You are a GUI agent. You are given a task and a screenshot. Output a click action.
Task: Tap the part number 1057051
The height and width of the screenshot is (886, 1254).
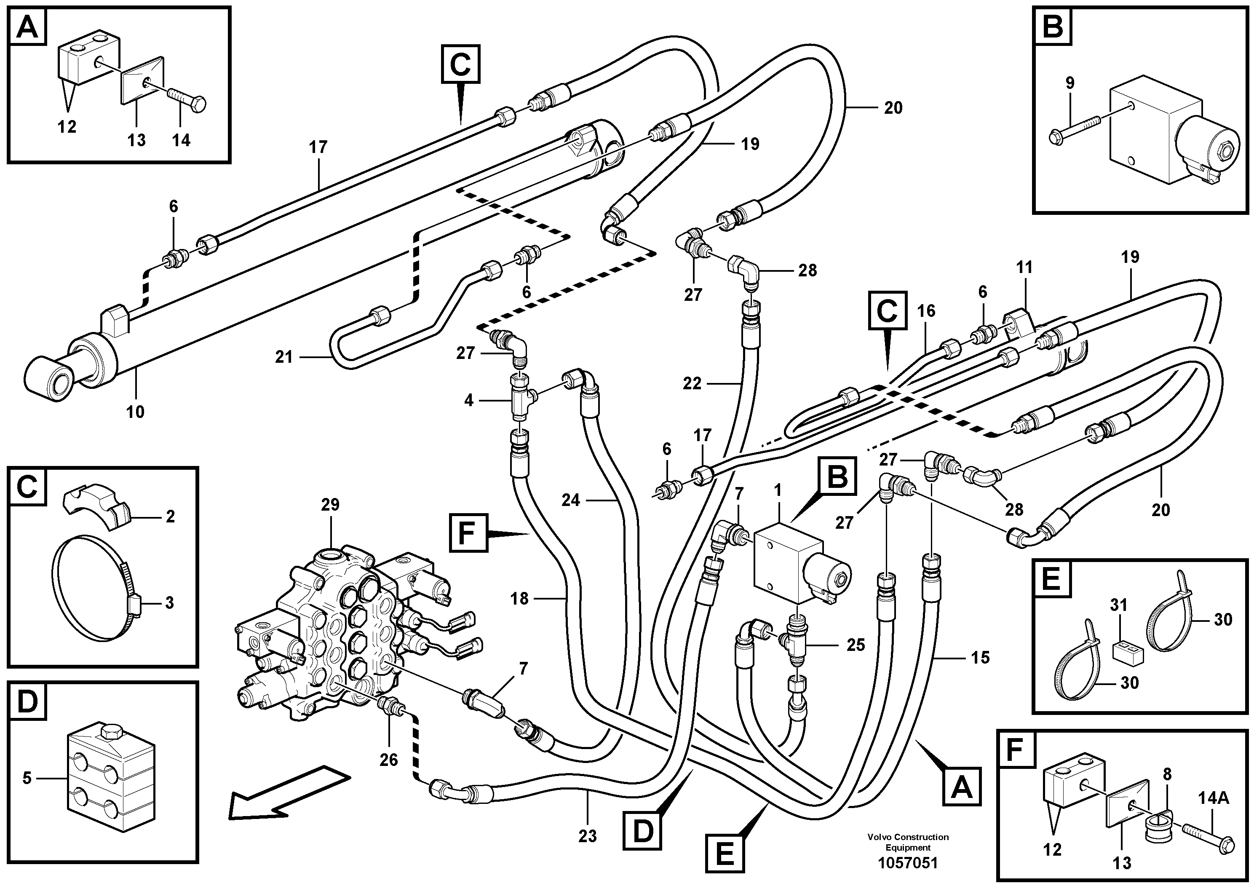point(907,863)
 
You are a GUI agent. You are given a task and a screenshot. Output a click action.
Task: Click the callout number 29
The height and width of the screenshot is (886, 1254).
point(330,505)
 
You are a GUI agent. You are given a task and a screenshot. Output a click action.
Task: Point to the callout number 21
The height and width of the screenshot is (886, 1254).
point(284,357)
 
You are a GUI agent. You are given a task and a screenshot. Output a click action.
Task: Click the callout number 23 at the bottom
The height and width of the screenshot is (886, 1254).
point(588,836)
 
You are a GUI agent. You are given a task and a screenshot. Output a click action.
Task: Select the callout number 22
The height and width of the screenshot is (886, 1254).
point(692,383)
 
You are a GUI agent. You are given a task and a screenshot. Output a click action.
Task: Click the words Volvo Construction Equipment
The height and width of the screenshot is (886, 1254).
point(908,842)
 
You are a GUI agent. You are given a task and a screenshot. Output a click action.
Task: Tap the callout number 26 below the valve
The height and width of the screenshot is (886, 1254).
point(389,759)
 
